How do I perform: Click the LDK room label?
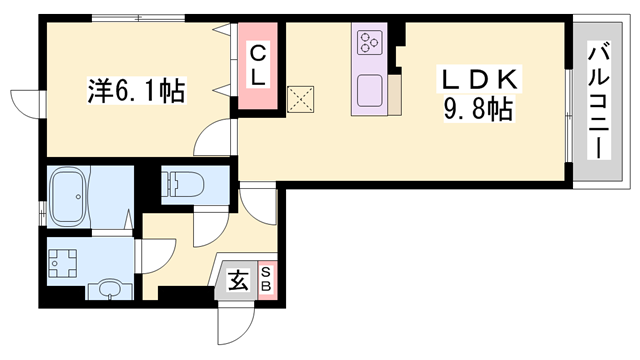pyautogui.click(x=477, y=78)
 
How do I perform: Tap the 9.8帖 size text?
pyautogui.click(x=477, y=106)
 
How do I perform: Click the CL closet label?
pyautogui.click(x=257, y=66)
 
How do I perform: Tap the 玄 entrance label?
pyautogui.click(x=238, y=281)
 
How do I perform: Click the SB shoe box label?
pyautogui.click(x=267, y=279)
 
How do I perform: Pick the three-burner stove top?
pyautogui.click(x=370, y=42)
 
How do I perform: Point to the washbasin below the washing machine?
pyautogui.click(x=106, y=290)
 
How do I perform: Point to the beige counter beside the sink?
pyautogui.click(x=395, y=94)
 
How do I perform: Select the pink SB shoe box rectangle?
pyautogui.click(x=267, y=279)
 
